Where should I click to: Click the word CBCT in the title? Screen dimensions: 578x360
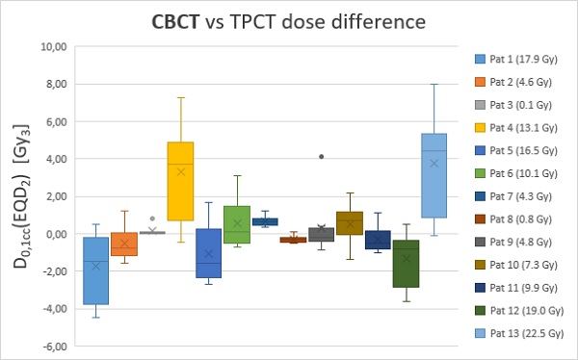point(175,22)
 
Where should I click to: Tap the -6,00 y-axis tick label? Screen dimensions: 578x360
point(54,347)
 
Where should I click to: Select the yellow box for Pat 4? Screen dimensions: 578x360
point(181,181)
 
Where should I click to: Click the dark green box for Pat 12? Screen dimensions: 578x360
point(407,264)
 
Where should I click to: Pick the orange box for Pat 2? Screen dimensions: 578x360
point(124,244)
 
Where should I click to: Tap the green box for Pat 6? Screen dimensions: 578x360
point(237,224)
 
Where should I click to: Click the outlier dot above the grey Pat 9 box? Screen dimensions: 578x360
point(321,157)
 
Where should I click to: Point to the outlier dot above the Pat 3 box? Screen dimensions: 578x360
point(152,219)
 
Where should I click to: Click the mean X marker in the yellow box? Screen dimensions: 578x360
point(181,171)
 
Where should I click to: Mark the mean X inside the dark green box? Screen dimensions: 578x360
point(407,259)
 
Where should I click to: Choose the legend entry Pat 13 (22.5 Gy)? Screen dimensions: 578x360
point(519,333)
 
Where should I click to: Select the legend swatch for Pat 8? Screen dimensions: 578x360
point(480,219)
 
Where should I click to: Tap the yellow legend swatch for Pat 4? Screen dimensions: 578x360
point(480,128)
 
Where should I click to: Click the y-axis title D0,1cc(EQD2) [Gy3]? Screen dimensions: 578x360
point(21,196)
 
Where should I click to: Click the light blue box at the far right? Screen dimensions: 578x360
point(434,175)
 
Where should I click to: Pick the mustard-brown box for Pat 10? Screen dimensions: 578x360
point(350,223)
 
